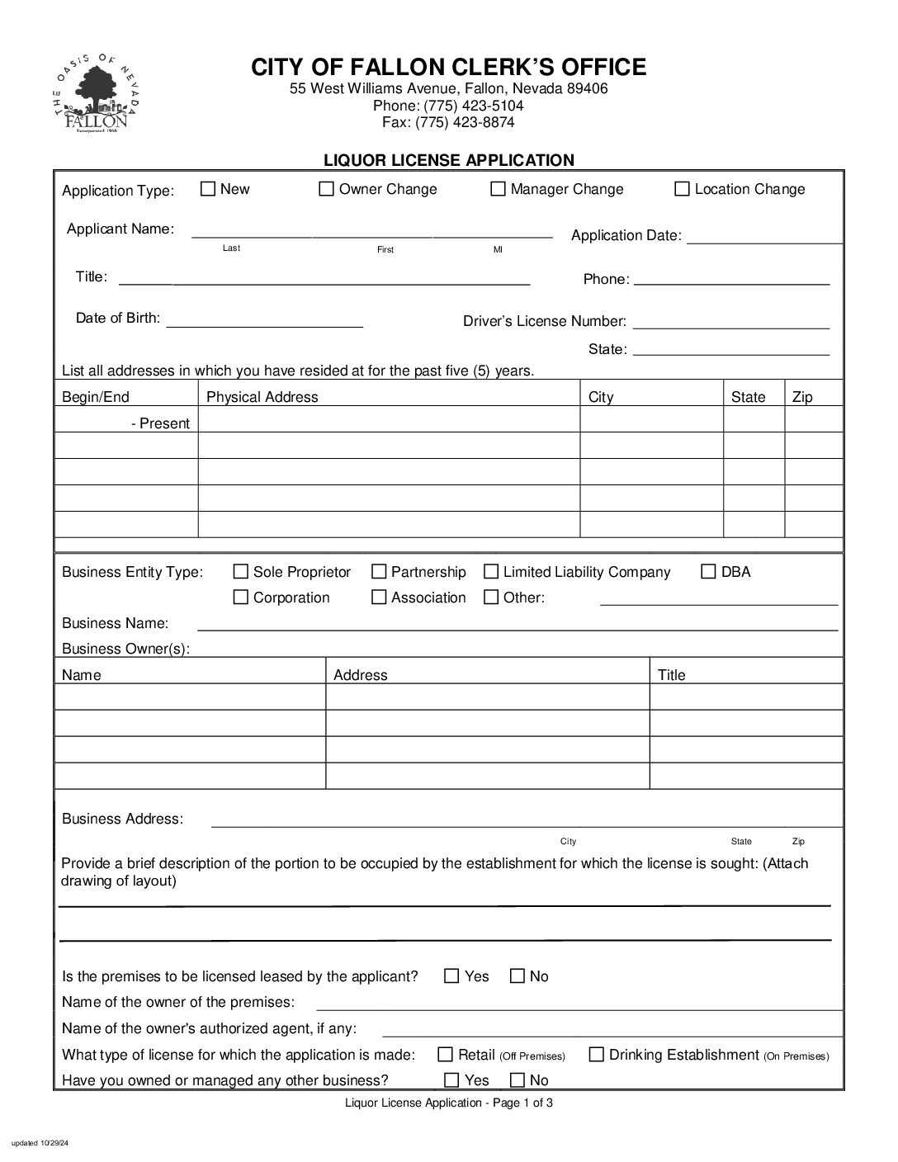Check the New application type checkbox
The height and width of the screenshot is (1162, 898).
208,189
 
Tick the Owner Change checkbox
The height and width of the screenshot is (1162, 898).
327,189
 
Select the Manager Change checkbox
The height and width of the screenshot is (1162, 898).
498,189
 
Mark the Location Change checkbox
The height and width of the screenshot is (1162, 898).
682,189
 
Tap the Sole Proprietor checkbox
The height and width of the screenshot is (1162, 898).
241,571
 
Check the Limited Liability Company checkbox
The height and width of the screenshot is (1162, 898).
491,571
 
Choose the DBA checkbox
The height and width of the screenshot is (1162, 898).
708,571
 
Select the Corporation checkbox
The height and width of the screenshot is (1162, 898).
241,597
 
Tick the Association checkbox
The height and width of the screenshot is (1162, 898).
379,597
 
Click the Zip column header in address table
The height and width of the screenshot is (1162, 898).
802,397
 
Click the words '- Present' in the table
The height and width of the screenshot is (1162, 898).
160,423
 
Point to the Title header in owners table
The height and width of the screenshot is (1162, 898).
672,675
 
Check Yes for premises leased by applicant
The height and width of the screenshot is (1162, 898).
451,975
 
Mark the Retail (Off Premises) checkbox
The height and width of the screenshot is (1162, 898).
446,1054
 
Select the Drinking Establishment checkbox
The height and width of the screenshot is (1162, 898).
596,1054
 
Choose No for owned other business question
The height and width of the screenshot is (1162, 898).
518,1079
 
